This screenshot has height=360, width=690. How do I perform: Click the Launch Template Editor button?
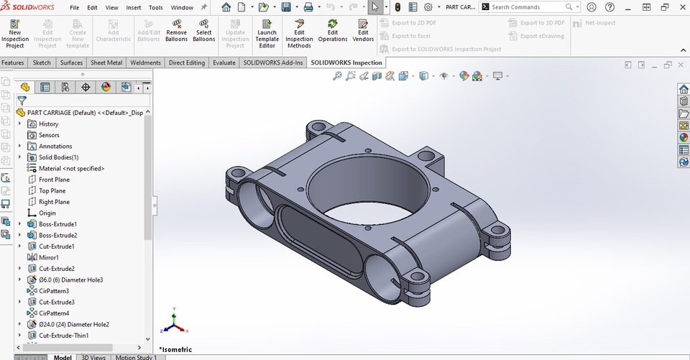pos(267,33)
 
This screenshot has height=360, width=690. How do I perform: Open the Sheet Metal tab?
pos(106,63)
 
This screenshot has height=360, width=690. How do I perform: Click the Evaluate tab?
pos(224,63)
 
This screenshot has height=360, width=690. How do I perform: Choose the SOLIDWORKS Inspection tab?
pos(346,63)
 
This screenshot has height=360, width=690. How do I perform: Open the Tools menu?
pos(155,7)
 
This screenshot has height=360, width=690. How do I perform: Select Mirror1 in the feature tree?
pos(48,257)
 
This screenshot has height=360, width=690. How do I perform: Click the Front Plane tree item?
pos(54,180)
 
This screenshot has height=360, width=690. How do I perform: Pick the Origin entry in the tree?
pos(47,213)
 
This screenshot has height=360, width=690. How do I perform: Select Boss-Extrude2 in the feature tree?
pos(57,235)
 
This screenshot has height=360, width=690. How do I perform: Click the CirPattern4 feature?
pos(53,313)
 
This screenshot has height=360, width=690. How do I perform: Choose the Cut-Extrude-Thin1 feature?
pos(63,336)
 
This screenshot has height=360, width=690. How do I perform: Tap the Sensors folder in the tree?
pos(49,135)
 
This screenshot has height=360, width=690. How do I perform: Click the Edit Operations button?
pos(332,33)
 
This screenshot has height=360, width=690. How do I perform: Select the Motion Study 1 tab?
pos(136,357)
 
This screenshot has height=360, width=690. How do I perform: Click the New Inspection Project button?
pos(15,33)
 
